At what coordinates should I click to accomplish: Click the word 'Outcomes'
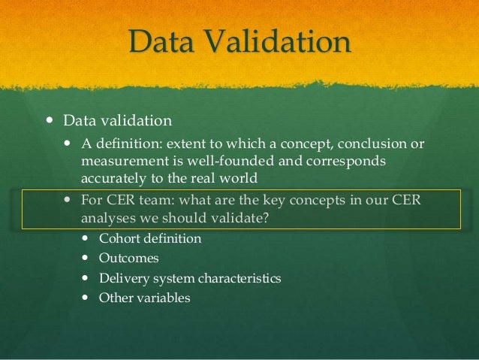click(x=129, y=259)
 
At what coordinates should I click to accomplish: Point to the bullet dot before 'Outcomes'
click(x=84, y=259)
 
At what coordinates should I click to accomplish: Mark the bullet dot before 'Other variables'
click(x=84, y=298)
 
